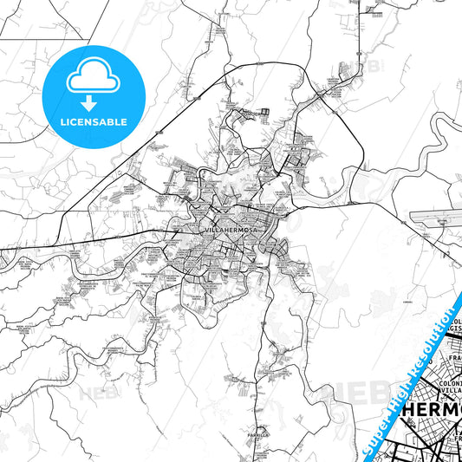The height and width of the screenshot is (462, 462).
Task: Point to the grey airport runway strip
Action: (439, 215)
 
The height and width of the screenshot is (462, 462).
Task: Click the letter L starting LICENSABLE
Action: (61, 121)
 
